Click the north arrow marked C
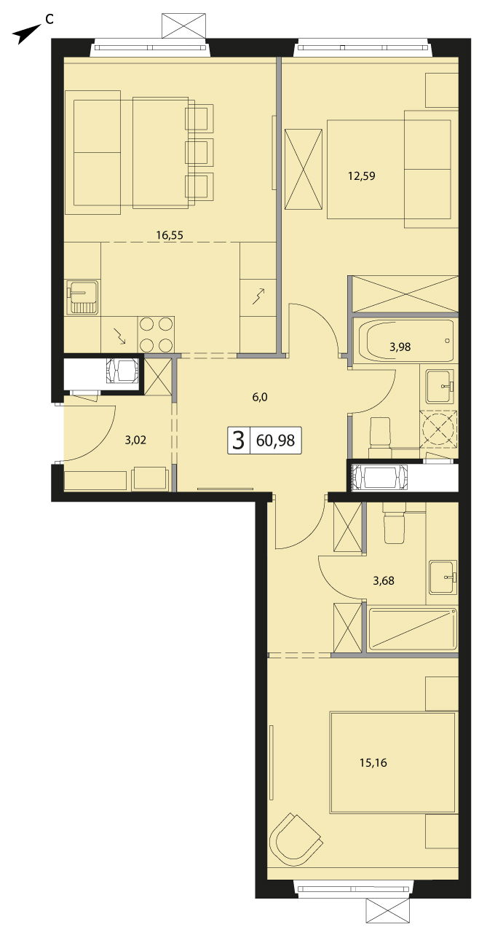26,34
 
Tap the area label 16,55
170,235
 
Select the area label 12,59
362,175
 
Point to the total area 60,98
275,440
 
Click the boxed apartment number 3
238,440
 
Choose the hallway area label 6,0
260,397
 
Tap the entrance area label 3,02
135,440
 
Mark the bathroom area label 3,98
400,347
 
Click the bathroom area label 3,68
384,580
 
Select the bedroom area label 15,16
373,762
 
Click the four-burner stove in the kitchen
156,334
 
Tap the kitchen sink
83,296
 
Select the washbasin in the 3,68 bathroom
443,577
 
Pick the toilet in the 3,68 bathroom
394,524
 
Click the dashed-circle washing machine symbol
438,429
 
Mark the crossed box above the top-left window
183,26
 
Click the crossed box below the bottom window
388,920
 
